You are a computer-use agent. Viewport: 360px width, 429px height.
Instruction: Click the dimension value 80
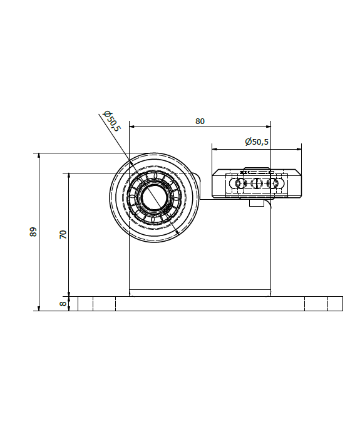click(200, 121)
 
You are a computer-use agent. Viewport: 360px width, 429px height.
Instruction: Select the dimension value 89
click(33, 232)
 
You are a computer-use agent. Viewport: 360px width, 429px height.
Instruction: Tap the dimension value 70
click(63, 234)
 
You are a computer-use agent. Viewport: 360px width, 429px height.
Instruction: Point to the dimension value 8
click(63, 304)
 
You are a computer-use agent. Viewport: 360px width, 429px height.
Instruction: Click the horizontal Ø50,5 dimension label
click(257, 142)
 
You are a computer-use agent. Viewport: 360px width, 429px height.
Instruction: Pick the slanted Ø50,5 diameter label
click(111, 121)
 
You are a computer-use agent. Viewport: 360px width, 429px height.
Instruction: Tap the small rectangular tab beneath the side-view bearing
click(256, 203)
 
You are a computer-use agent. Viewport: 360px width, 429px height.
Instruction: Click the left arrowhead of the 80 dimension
click(131, 127)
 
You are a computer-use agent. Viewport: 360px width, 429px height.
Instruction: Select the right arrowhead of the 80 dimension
click(268, 127)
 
